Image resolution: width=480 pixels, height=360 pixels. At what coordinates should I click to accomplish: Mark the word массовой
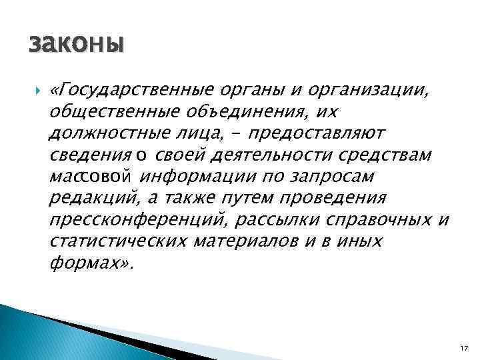coord(92,177)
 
